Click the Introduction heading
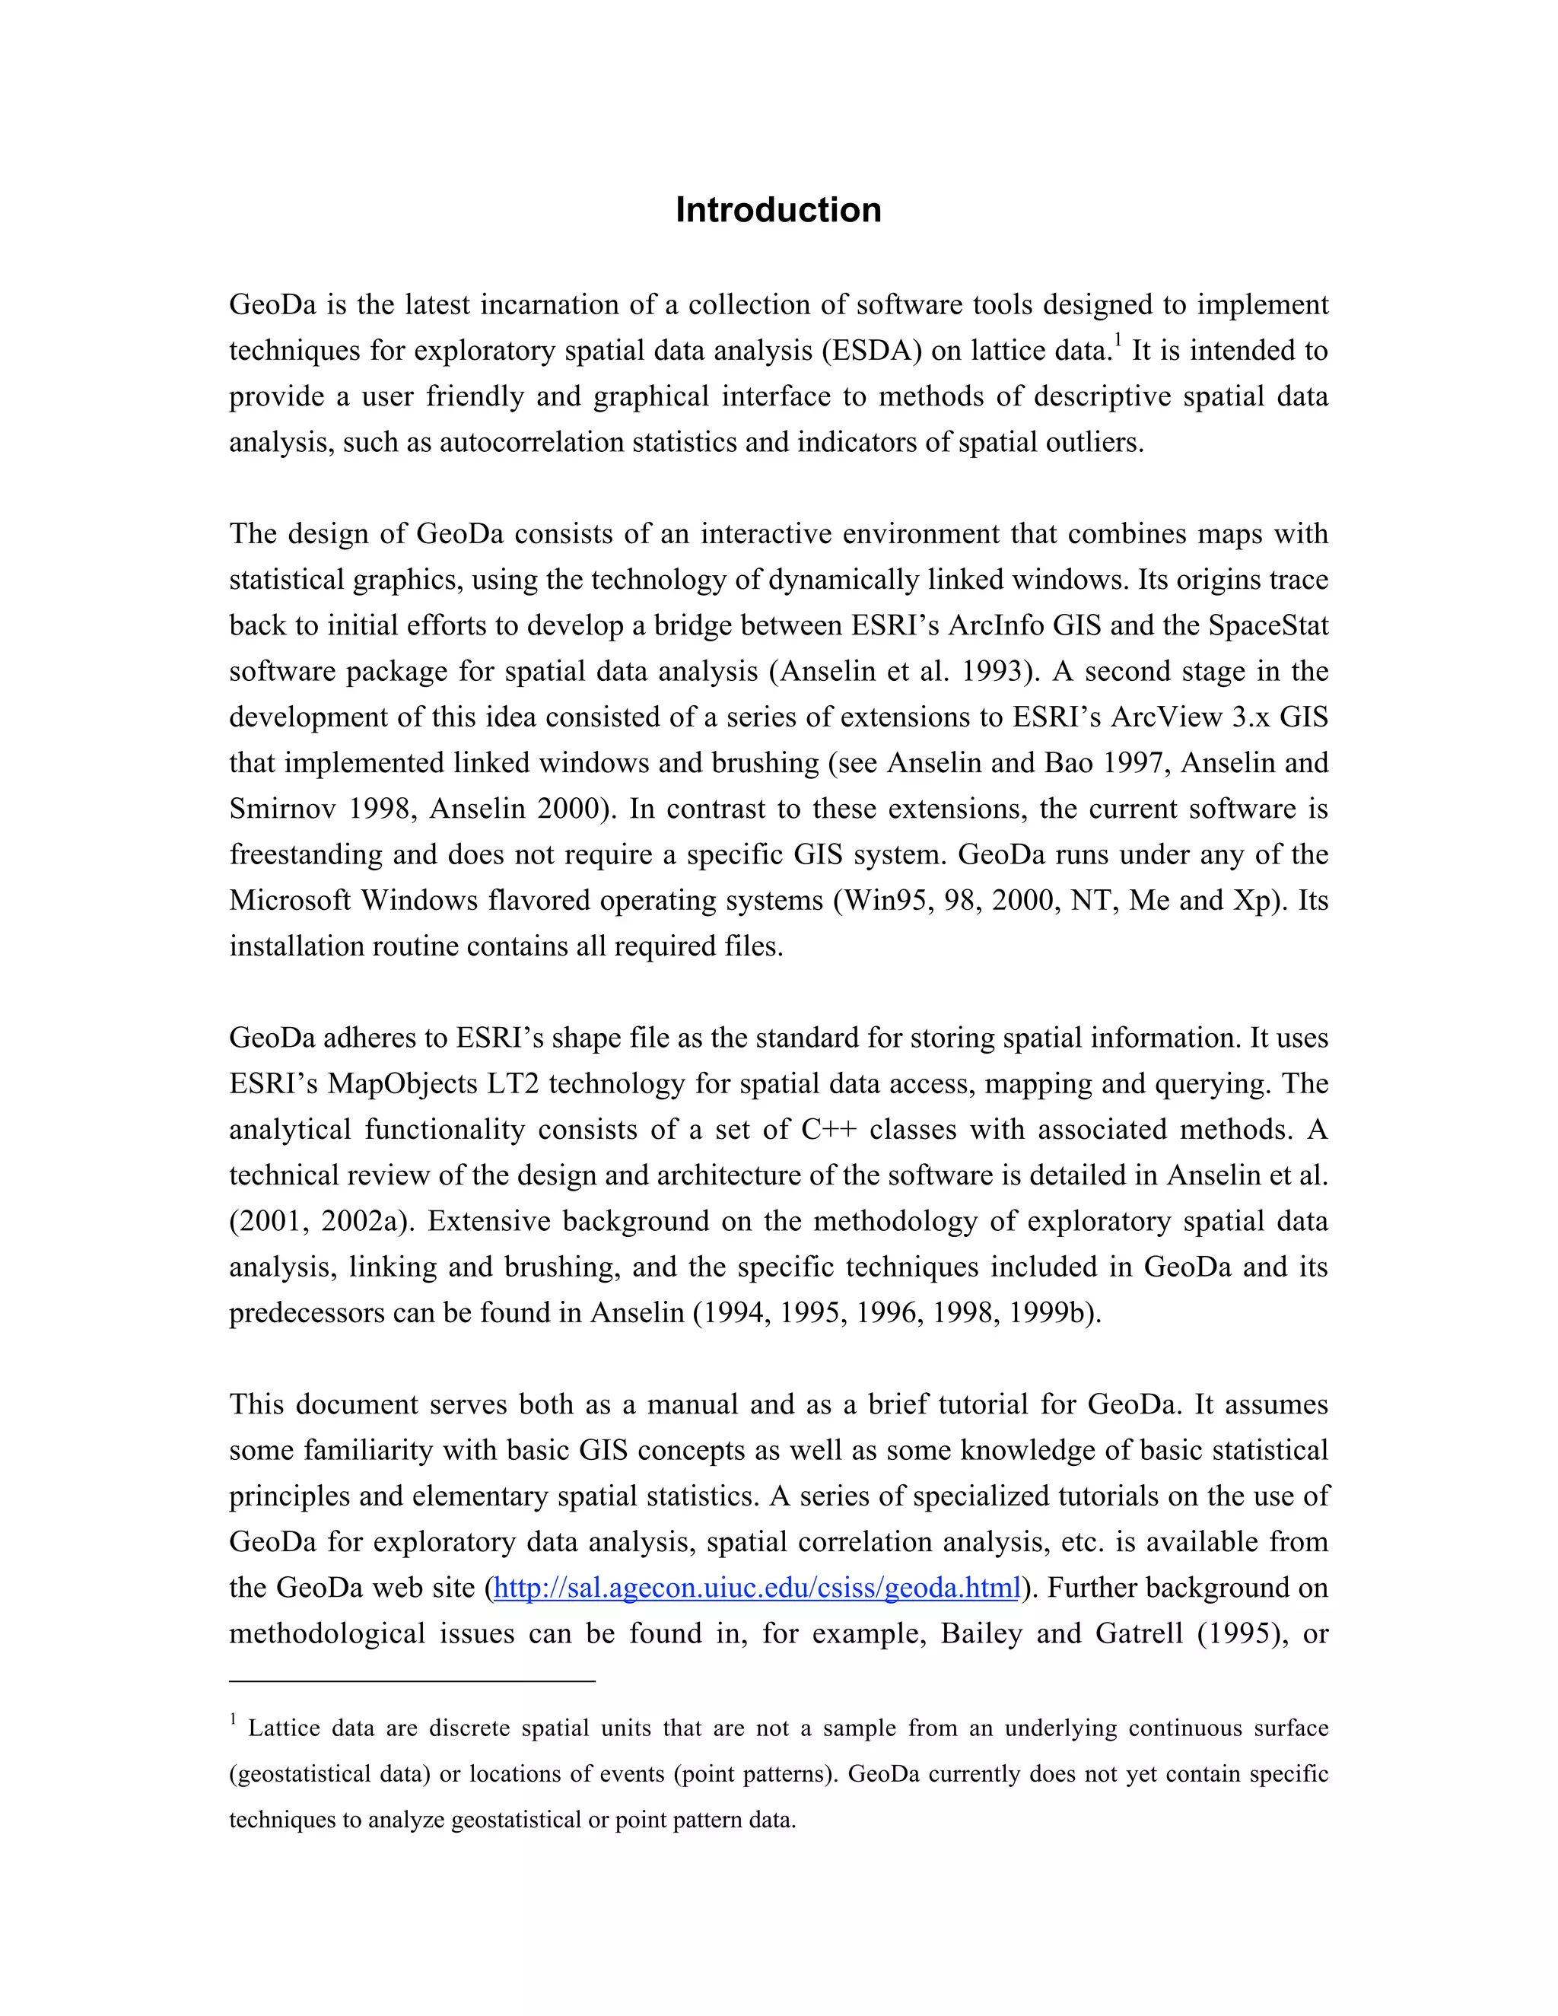778,211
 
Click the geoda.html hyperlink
756,1588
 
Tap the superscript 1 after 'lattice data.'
1118,342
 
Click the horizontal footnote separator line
412,1682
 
